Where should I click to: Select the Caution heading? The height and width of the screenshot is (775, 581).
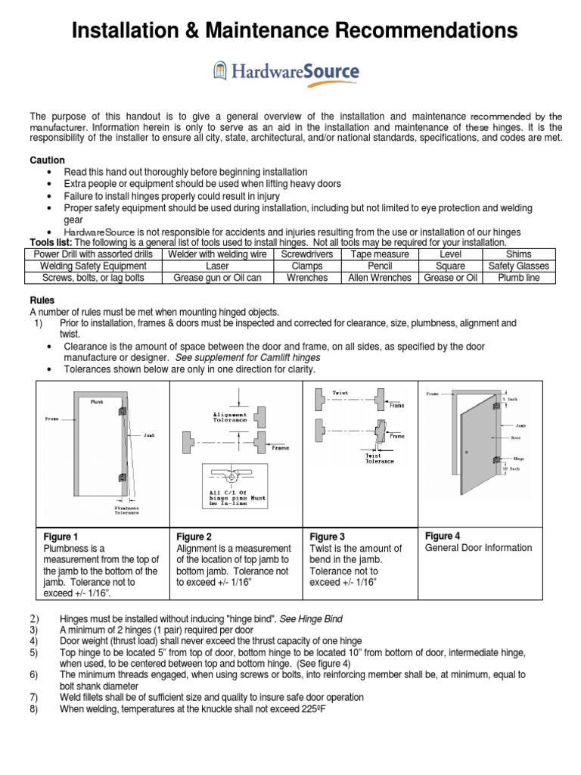point(47,160)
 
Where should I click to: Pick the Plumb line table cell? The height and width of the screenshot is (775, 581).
point(518,278)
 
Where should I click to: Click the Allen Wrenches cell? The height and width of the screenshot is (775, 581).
point(379,278)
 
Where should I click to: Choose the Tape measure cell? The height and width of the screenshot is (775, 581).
point(379,254)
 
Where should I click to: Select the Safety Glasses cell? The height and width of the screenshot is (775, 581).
point(518,266)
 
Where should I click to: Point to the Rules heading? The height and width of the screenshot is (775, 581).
point(42,300)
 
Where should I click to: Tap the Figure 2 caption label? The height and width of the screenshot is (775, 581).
point(194,537)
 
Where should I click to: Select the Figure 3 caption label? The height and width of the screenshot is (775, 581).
point(328,537)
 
